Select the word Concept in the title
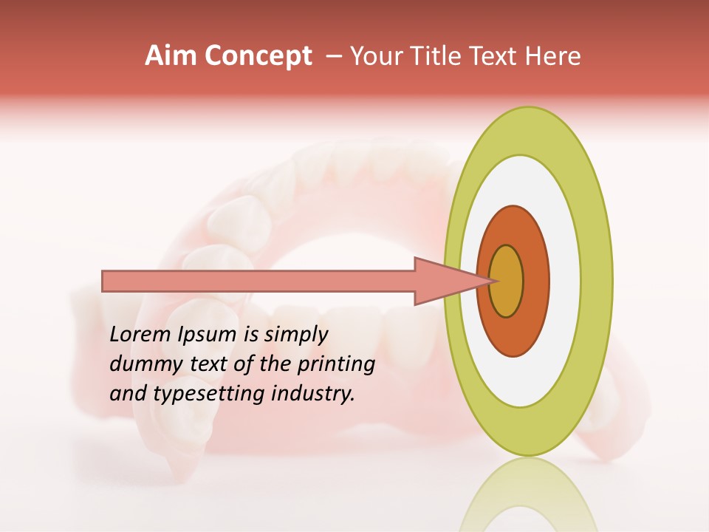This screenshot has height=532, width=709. (257, 57)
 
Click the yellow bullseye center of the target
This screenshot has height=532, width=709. (507, 282)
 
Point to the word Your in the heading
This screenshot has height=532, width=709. (375, 56)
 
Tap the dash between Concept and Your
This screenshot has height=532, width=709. (332, 57)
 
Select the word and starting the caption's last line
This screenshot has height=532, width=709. (126, 394)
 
